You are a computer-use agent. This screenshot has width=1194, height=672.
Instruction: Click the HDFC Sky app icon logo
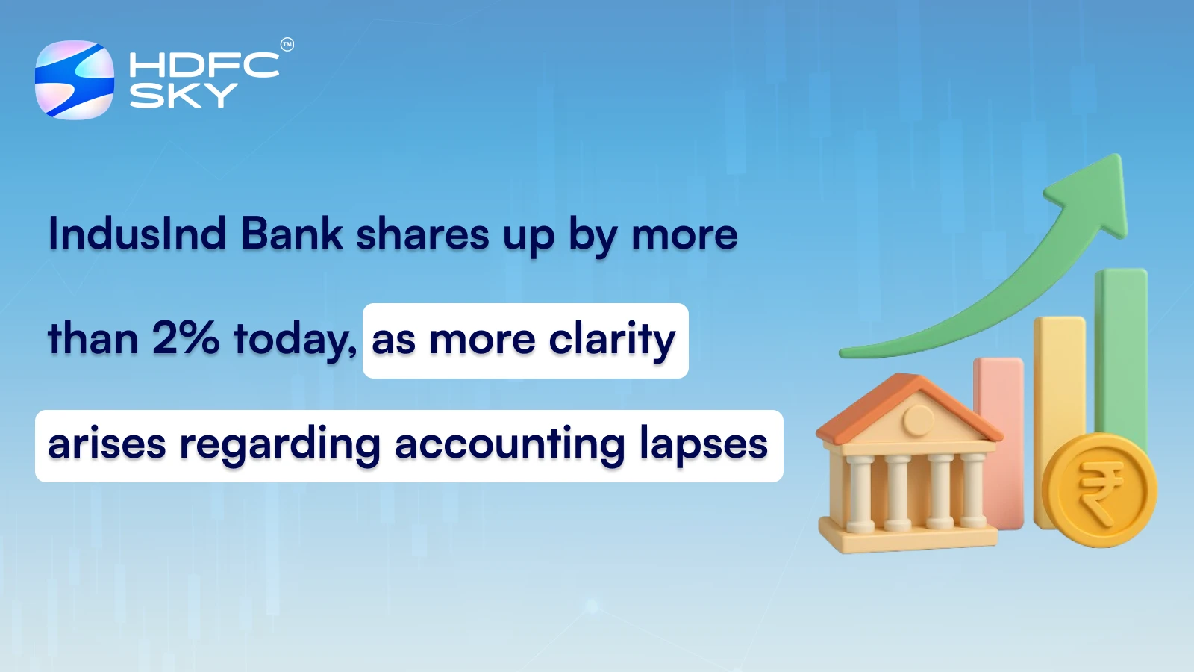click(x=75, y=80)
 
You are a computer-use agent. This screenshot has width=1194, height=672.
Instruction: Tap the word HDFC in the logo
click(x=204, y=65)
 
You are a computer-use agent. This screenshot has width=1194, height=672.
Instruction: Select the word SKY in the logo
click(x=184, y=96)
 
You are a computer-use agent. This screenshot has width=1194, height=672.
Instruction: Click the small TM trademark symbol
click(x=287, y=45)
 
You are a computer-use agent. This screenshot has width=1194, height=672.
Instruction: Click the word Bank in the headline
click(x=292, y=234)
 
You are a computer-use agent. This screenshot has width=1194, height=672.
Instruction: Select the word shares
click(x=422, y=234)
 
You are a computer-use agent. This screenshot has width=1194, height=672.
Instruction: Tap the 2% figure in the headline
click(x=186, y=338)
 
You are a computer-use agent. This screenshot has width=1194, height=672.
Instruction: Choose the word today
click(x=294, y=340)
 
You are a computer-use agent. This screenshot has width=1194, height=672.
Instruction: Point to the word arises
click(x=107, y=444)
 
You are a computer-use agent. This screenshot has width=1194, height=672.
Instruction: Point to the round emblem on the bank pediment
click(x=918, y=420)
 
